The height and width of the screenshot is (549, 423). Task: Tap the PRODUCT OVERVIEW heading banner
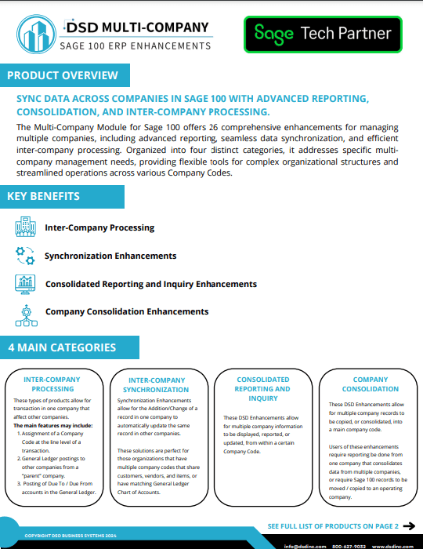[x=63, y=75]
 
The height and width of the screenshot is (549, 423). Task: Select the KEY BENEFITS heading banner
[x=44, y=196]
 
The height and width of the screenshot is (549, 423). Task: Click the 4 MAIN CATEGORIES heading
[x=62, y=347]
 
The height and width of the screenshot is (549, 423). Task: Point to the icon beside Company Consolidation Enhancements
[x=26, y=312]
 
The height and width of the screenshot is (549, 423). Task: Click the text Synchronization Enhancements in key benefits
[x=110, y=256]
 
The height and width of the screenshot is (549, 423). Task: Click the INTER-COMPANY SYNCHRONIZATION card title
[x=157, y=384]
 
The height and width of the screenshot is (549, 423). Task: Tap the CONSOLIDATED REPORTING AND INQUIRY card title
[x=263, y=388]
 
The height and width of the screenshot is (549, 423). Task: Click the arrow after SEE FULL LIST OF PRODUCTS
[x=408, y=525]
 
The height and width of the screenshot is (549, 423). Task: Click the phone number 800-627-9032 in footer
[x=349, y=545]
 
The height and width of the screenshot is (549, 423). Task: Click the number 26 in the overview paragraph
[x=213, y=127]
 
